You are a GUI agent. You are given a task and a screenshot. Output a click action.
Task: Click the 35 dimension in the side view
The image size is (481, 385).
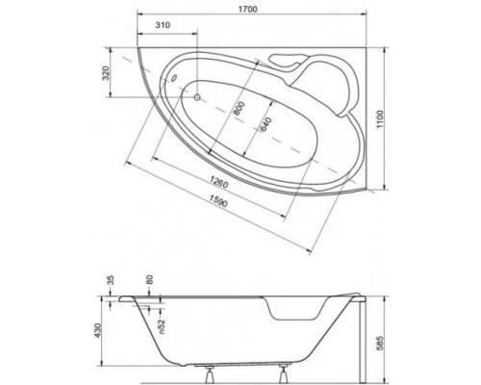[112, 281]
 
